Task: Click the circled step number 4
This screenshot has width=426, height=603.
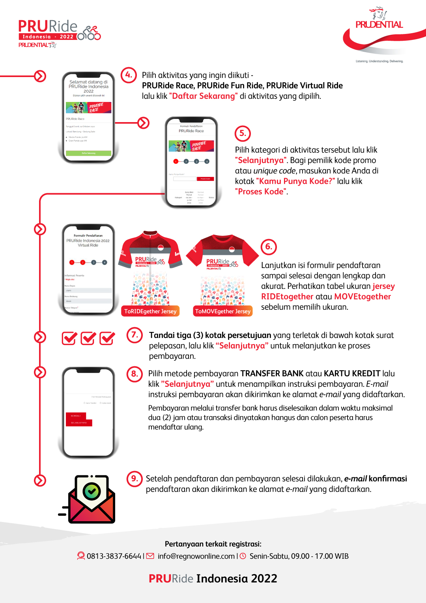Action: tap(129, 75)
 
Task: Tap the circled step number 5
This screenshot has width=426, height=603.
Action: tap(243, 134)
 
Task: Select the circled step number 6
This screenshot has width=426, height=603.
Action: tap(269, 247)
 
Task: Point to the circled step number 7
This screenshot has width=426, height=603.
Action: tap(135, 335)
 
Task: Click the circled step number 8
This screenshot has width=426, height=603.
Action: tap(135, 374)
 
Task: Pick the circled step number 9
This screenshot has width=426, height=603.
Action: tap(135, 479)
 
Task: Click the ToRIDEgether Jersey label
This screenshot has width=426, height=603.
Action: tap(150, 311)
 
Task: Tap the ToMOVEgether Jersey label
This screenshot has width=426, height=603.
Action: tap(223, 311)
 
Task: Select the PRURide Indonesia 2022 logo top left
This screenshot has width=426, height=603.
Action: tap(59, 34)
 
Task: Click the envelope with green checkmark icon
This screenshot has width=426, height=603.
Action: tap(92, 499)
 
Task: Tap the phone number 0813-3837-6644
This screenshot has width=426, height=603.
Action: tap(114, 556)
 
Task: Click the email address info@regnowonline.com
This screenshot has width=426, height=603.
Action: tap(196, 556)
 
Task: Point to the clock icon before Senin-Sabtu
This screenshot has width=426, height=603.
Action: tap(243, 556)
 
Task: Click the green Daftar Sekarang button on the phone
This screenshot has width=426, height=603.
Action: tap(89, 153)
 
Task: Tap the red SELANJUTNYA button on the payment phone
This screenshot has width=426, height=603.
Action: tap(79, 423)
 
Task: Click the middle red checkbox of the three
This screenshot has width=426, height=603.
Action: tap(88, 338)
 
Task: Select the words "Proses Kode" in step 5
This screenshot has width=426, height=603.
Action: tap(261, 192)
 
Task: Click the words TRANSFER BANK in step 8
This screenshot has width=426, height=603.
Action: tap(272, 373)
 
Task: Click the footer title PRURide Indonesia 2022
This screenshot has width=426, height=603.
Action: tap(213, 579)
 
